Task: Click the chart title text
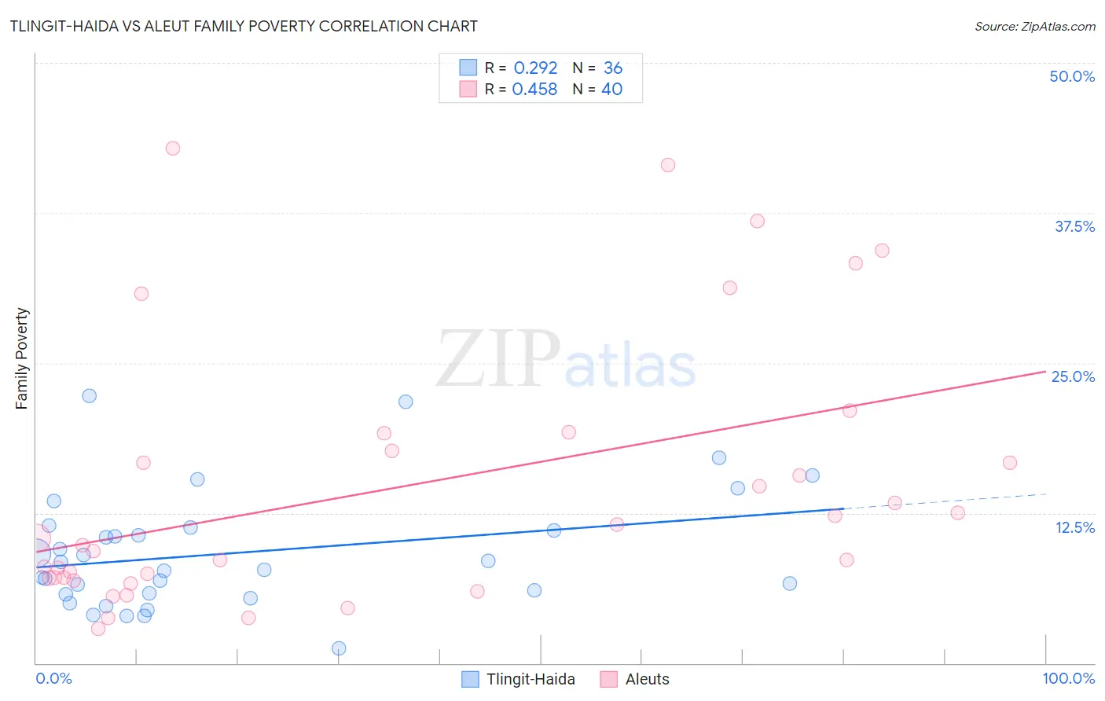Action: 244,26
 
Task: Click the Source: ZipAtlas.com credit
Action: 1034,26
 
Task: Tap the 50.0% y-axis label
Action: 1071,76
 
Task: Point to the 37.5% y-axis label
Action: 1074,226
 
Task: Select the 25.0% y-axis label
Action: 1073,376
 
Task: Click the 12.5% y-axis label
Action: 1074,527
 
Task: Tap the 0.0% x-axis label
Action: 53,678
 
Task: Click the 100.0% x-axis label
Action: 1068,678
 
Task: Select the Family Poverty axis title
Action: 22,358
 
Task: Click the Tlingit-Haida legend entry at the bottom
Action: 530,679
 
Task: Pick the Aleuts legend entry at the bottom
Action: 647,679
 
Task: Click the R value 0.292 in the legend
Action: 535,68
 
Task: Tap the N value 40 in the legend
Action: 611,90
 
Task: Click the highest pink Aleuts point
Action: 173,149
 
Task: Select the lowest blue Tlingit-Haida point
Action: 339,648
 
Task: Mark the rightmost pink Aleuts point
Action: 1010,463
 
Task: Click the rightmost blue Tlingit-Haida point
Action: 813,475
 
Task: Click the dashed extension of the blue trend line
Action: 943,501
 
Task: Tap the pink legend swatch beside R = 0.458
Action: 468,90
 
